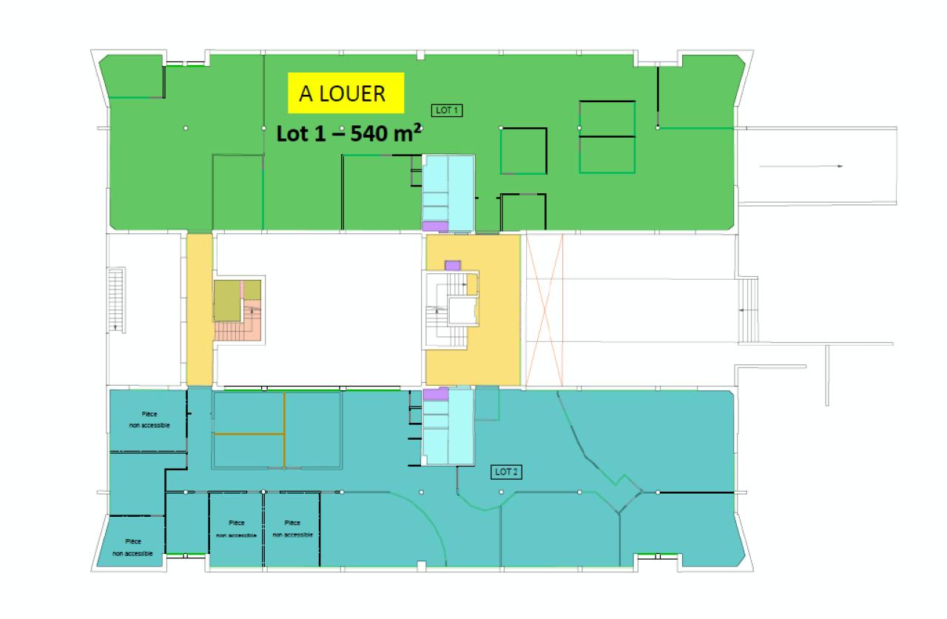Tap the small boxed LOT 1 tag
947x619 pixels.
(446, 110)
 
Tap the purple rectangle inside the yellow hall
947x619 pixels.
(453, 265)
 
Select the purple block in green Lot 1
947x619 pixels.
(435, 226)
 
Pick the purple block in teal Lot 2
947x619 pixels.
(435, 395)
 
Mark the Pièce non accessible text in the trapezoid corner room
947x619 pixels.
(133, 547)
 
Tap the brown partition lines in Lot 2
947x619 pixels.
(284, 432)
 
